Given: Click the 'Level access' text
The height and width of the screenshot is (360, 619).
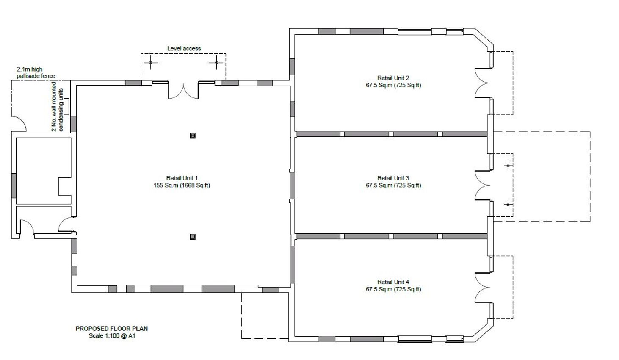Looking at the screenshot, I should (x=184, y=49).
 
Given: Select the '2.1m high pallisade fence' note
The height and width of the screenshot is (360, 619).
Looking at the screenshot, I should (x=36, y=72).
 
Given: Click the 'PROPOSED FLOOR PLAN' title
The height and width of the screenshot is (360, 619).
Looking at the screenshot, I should (x=112, y=328).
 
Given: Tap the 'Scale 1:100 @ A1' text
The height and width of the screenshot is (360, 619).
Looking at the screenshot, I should (x=112, y=336).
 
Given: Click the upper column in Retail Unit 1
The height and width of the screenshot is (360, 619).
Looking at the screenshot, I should (x=193, y=136).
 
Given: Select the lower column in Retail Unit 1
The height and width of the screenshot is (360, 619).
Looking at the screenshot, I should (x=193, y=237).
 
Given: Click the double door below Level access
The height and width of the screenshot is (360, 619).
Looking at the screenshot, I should (x=183, y=91).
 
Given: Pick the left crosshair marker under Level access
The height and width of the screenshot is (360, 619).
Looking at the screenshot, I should (x=150, y=63).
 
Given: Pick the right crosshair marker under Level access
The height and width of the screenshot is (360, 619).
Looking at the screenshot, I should (x=216, y=63).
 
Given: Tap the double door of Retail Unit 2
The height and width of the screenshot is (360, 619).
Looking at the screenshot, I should (x=482, y=83).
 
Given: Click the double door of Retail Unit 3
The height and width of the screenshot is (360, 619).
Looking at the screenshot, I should (x=482, y=186).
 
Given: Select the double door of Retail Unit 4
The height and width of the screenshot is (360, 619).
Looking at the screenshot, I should (x=482, y=288).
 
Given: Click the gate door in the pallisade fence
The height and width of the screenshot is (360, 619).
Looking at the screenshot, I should (x=19, y=124).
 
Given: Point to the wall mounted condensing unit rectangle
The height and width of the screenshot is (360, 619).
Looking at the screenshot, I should (x=66, y=104).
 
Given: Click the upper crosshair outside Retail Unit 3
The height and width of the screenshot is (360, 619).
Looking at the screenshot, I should (x=508, y=166).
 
